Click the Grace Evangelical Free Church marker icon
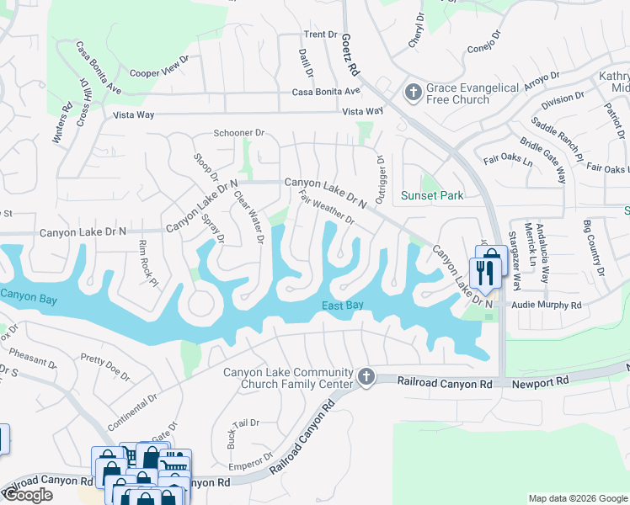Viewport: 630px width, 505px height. point(413,92)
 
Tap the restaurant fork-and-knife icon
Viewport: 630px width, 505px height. point(483,272)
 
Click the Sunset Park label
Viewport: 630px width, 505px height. point(432,196)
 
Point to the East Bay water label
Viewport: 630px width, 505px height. point(343,306)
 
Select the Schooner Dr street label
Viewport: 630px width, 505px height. point(239,133)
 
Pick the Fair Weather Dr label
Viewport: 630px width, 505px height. point(327,207)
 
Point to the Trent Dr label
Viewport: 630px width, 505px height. point(320,35)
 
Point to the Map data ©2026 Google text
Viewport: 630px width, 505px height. point(577,498)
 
